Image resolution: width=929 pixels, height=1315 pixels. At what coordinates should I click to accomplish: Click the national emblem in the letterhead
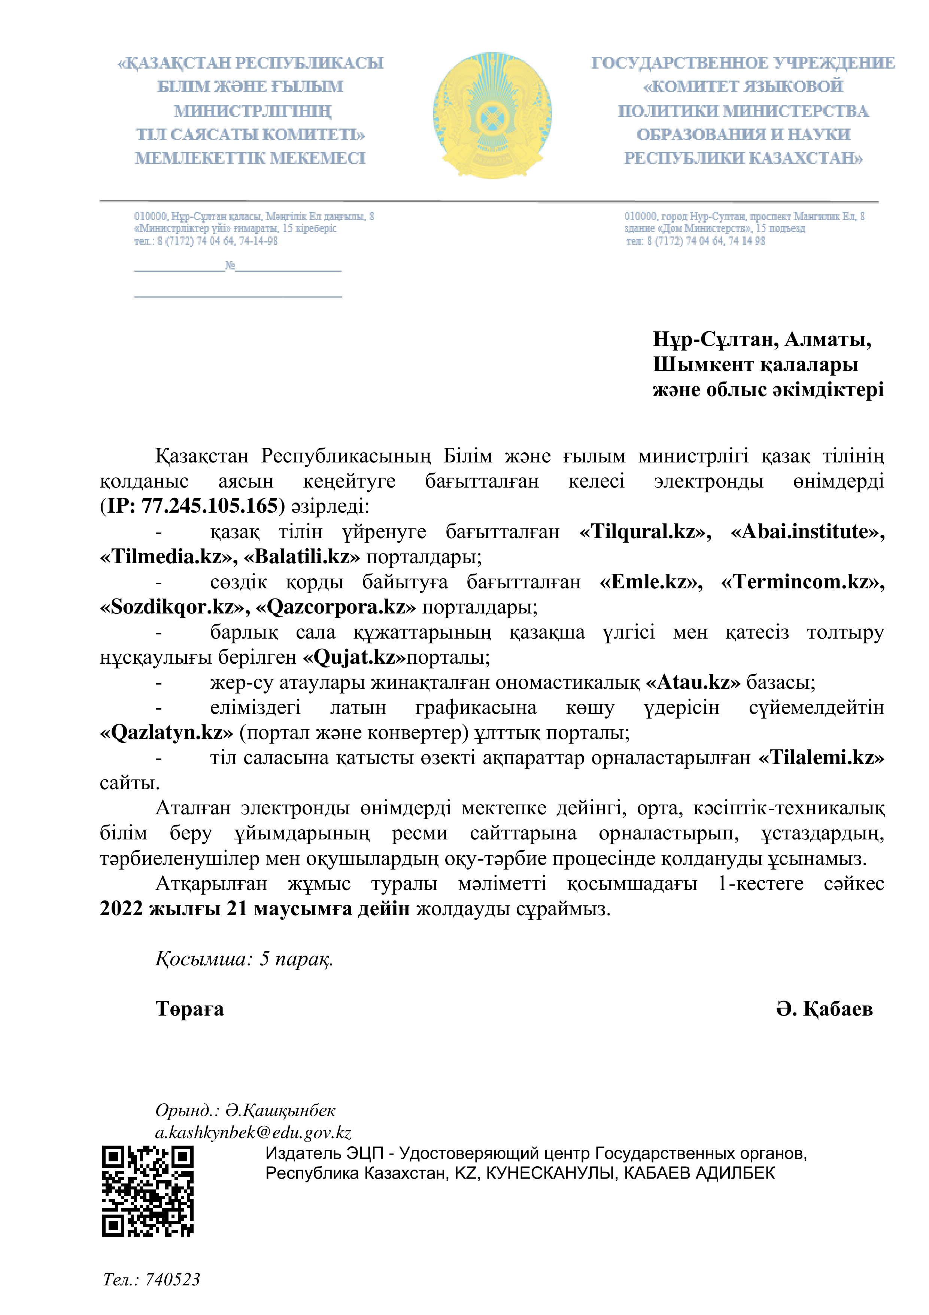tap(492, 115)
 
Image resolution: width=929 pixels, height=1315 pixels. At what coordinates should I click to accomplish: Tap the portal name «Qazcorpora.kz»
tap(336, 606)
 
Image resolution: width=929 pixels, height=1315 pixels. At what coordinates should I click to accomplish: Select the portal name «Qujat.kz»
tap(354, 657)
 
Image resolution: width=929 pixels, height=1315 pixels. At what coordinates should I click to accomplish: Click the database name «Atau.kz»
tap(693, 682)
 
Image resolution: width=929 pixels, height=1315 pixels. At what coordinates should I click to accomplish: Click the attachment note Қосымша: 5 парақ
tap(244, 959)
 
